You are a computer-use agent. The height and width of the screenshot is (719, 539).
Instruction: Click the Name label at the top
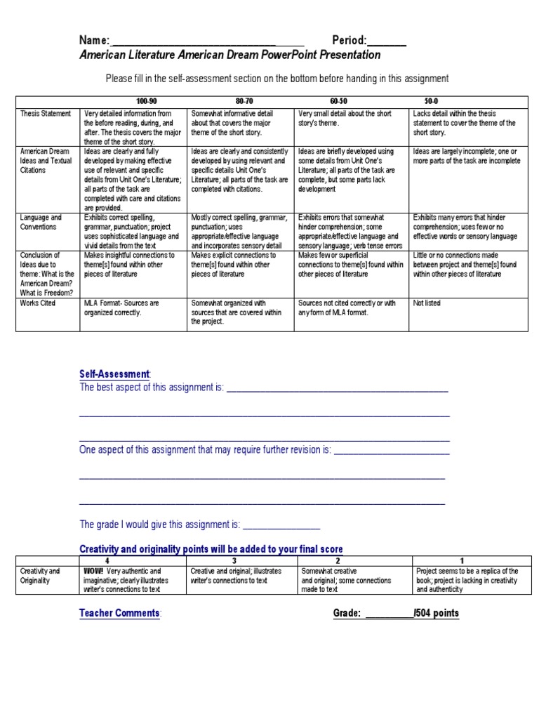point(94,40)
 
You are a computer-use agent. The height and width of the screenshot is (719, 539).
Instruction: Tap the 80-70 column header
point(245,102)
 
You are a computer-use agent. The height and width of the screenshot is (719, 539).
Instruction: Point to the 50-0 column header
point(432,102)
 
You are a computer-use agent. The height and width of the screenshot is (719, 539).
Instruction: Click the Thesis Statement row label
point(46,113)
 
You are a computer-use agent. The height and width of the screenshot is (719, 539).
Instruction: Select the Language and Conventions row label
point(41,223)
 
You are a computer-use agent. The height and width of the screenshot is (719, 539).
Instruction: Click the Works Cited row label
point(39,303)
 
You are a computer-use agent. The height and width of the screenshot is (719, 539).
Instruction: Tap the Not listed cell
point(427,303)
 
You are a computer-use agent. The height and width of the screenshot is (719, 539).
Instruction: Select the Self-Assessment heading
point(114,374)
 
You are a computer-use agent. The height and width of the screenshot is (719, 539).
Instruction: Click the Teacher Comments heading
point(119,613)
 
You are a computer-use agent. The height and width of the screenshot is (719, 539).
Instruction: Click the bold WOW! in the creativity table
point(93,572)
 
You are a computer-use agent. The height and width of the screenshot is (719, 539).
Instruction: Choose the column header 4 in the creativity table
point(107,561)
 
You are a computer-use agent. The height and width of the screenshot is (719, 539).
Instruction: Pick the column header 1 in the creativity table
point(460,561)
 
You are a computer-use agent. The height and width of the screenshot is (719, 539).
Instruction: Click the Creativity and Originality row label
point(40,576)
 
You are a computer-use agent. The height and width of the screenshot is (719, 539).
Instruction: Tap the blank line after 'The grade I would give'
point(281,525)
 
